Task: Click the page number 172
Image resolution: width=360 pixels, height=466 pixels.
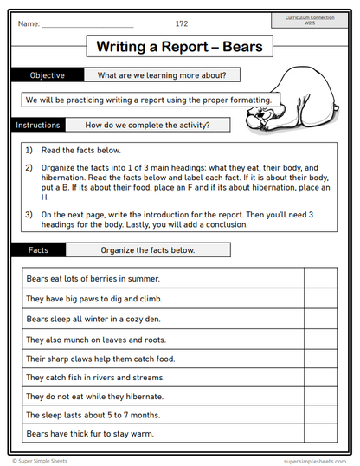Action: pyautogui.click(x=181, y=23)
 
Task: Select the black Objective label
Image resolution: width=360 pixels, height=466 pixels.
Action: pyautogui.click(x=47, y=75)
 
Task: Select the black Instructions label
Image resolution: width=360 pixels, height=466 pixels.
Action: pyautogui.click(x=38, y=125)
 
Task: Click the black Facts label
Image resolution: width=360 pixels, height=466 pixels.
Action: pyautogui.click(x=38, y=250)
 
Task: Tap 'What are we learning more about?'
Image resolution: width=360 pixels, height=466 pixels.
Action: pyautogui.click(x=162, y=75)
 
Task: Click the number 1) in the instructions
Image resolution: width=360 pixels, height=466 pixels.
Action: pyautogui.click(x=29, y=150)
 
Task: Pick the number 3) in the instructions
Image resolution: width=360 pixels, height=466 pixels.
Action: pyautogui.click(x=29, y=213)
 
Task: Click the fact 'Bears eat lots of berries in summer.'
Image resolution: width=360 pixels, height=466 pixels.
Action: pyautogui.click(x=93, y=279)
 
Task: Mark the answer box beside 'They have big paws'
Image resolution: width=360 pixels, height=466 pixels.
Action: pyautogui.click(x=320, y=299)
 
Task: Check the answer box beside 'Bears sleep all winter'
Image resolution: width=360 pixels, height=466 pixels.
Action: pyautogui.click(x=320, y=319)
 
